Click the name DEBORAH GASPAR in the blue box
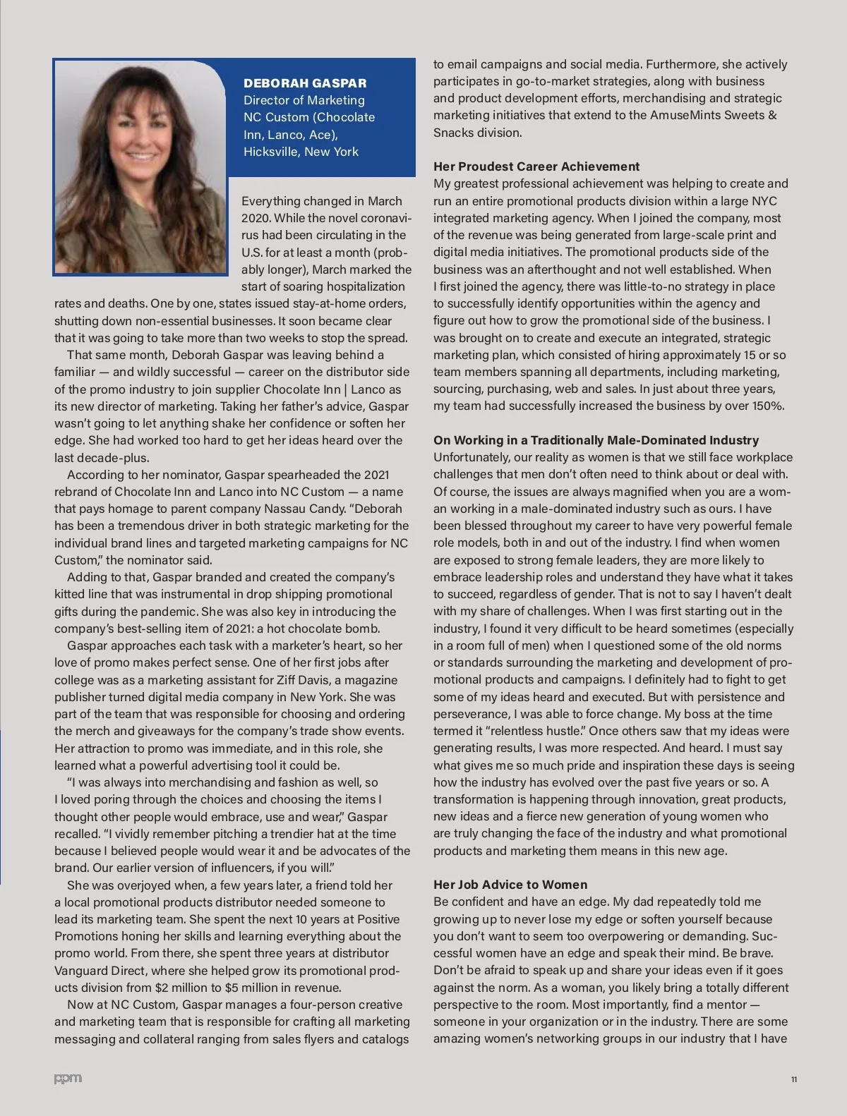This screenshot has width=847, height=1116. click(305, 83)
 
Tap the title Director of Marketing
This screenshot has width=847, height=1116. click(304, 100)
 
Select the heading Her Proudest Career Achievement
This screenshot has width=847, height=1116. click(536, 166)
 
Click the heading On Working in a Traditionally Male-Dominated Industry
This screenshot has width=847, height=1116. click(596, 440)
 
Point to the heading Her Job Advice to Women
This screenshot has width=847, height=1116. click(510, 885)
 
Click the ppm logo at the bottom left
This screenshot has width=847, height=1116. click(68, 1079)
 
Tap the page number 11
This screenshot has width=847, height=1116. click(794, 1079)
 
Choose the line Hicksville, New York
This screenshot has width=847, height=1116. click(301, 152)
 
